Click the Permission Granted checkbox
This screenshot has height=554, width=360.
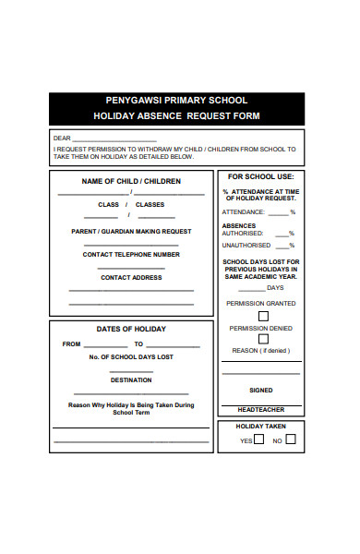(x=263, y=316)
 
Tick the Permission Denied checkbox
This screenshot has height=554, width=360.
(x=263, y=339)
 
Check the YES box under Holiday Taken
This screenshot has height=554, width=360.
(x=258, y=440)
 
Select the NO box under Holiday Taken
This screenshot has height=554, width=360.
(x=290, y=440)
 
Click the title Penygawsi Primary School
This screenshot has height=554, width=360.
(x=175, y=101)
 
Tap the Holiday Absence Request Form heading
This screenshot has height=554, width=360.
(x=175, y=116)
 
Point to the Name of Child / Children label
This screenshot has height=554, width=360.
(x=131, y=181)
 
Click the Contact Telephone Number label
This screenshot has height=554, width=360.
(x=131, y=254)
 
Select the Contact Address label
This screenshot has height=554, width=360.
(x=131, y=277)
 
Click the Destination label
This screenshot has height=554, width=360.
(x=131, y=379)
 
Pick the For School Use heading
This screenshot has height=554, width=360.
(x=260, y=175)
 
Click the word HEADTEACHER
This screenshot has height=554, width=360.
(x=260, y=409)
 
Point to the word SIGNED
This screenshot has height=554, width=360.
(x=260, y=390)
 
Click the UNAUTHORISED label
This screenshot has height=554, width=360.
(x=246, y=245)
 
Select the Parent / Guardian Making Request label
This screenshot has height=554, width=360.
(x=131, y=231)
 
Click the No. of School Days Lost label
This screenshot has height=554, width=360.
(x=131, y=356)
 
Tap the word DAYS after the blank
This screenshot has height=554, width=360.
(x=275, y=287)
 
